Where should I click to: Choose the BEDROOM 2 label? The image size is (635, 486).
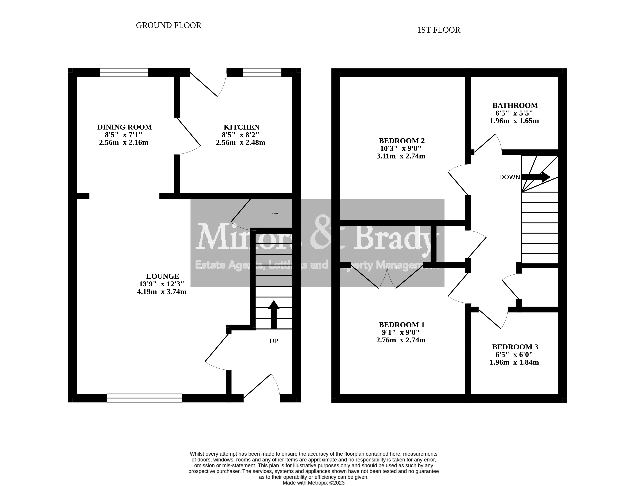pos(401,141)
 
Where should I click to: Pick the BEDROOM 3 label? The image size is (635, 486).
pos(515,347)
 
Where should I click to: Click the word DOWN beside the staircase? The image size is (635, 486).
pos(509,177)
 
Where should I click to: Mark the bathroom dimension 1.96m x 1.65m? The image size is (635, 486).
pos(514,121)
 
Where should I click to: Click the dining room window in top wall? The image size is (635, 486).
pos(124,72)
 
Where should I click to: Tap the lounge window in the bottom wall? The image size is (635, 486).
pos(144,398)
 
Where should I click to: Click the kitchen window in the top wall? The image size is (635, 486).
pos(262,72)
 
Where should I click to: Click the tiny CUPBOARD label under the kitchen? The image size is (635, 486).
pos(274,213)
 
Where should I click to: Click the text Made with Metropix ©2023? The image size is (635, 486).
pos(314,483)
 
